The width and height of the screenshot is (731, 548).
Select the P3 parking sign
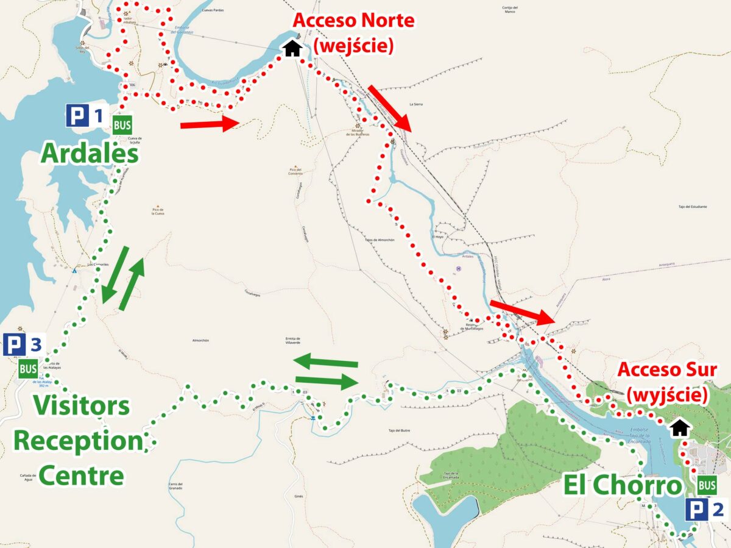(x=23, y=345)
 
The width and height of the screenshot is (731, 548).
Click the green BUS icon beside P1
(x=122, y=125)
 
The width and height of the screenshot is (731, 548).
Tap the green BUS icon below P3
(x=28, y=369)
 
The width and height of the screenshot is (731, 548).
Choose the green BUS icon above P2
(x=707, y=485)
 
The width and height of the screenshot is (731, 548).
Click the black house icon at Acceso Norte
(x=292, y=48)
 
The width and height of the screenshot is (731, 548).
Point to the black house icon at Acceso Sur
(x=679, y=428)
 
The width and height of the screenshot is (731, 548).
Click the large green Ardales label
(x=90, y=154)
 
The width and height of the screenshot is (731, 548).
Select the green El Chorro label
(x=622, y=486)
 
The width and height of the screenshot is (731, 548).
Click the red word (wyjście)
(x=668, y=395)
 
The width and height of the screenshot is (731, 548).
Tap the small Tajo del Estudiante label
(x=692, y=207)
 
